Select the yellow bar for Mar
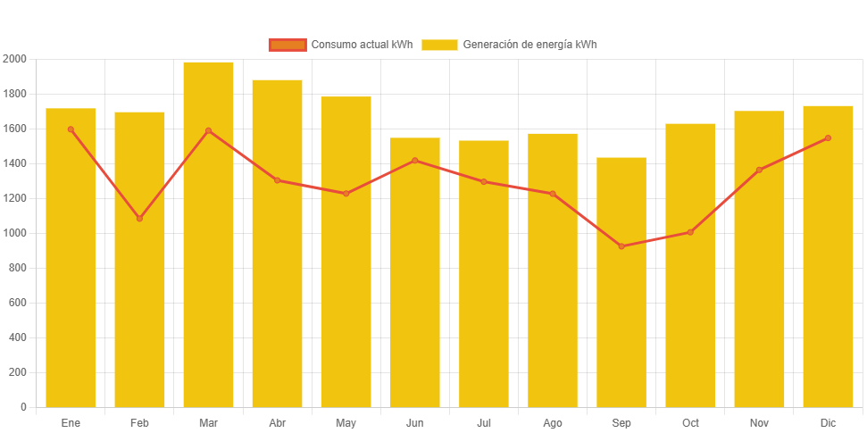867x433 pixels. tap(208, 268)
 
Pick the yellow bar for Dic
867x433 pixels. tap(828, 268)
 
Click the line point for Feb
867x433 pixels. tap(139, 219)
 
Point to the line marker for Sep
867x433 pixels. tap(621, 246)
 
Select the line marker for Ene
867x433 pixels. tap(71, 129)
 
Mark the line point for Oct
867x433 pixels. tap(690, 232)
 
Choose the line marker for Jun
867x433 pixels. tap(415, 161)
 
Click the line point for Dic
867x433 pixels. tap(828, 138)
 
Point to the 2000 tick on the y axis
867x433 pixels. tap(15, 59)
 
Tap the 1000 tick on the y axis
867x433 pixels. tap(15, 233)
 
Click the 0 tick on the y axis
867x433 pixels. tap(22, 407)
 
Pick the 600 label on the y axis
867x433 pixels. tap(17, 303)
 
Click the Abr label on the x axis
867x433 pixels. tap(277, 422)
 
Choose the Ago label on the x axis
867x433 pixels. tap(553, 422)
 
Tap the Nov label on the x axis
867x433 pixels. tap(759, 422)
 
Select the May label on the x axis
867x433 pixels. tap(346, 422)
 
